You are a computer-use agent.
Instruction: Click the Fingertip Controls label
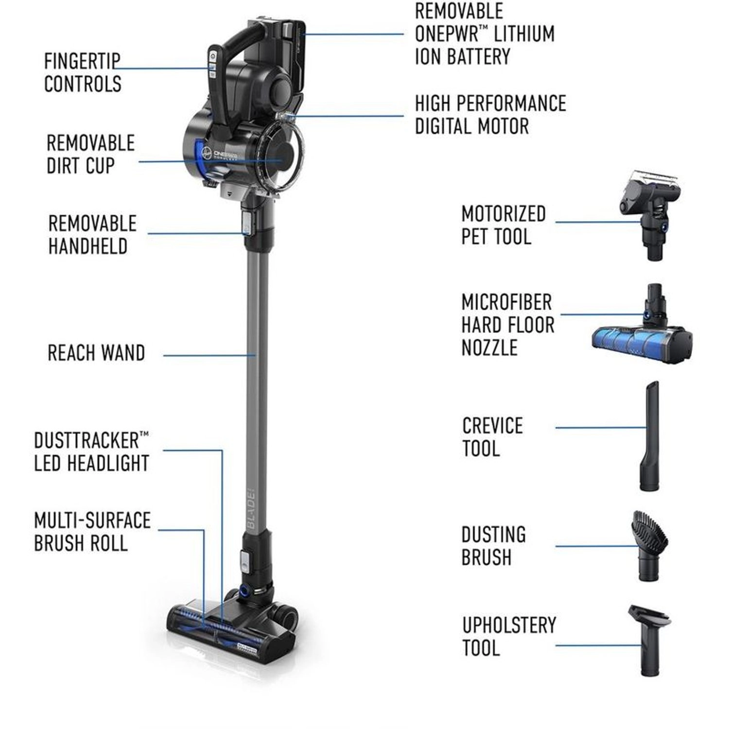pyautogui.click(x=83, y=73)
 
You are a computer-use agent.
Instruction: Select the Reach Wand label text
pyautogui.click(x=96, y=353)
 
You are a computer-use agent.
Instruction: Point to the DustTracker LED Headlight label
pyautogui.click(x=91, y=452)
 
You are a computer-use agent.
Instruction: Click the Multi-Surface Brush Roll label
pyautogui.click(x=92, y=532)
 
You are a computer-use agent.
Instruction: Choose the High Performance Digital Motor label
pyautogui.click(x=490, y=115)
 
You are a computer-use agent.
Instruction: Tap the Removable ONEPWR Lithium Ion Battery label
pyautogui.click(x=484, y=34)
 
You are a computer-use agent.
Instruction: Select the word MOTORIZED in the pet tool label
pyautogui.click(x=503, y=214)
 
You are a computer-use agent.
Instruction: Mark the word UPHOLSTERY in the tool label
pyautogui.click(x=509, y=625)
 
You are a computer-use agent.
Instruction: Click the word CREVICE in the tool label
pyautogui.click(x=492, y=426)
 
